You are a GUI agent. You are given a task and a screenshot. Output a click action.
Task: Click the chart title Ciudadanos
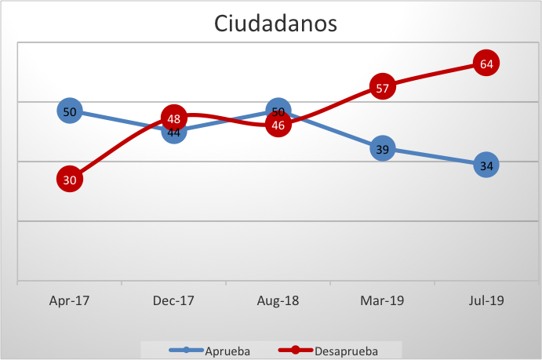point(275,24)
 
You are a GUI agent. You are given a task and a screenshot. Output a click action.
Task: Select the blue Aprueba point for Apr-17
point(70,111)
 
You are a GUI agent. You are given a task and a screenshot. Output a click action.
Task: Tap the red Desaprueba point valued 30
point(70,180)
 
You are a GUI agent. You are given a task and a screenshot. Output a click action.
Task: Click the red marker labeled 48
point(174,118)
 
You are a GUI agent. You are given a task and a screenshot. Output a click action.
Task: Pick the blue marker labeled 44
point(174,133)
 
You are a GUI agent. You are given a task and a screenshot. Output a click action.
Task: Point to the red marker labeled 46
point(278,124)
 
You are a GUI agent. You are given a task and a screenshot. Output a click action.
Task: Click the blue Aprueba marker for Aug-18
point(278,111)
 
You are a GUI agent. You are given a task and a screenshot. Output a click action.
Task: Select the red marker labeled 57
point(382,88)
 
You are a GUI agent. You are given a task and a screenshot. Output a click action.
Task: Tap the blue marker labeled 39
point(382,149)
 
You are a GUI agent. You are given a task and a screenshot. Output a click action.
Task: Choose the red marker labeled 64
point(486,64)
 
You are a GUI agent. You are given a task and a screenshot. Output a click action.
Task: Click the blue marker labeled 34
point(486,165)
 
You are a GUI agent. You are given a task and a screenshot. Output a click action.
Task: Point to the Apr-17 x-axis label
point(70,300)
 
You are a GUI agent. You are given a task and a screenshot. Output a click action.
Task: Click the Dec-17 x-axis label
point(174,300)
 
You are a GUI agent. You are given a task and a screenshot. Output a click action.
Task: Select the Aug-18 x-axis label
point(278,300)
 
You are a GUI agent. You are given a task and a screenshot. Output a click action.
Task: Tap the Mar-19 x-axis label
point(382,300)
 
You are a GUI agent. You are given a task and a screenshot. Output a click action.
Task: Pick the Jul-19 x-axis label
point(486,300)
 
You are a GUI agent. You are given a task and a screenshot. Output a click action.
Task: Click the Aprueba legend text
point(227,351)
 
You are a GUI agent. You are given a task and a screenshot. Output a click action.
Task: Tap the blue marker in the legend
point(186,351)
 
